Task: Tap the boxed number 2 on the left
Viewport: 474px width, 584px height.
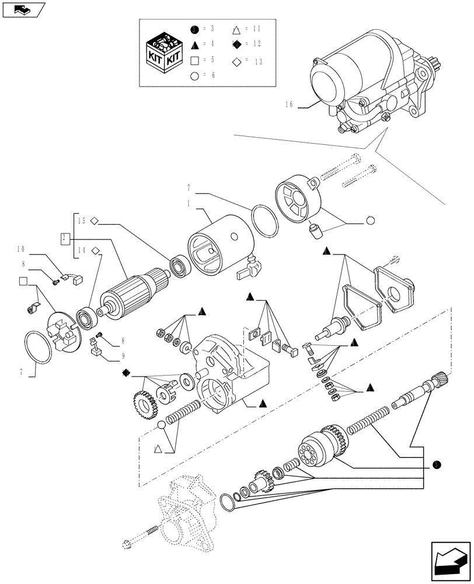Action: (x=66, y=238)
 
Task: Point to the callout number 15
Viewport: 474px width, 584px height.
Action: (x=82, y=221)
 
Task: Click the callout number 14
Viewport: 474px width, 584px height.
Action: (x=82, y=251)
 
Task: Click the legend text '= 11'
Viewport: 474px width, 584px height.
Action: (x=253, y=29)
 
